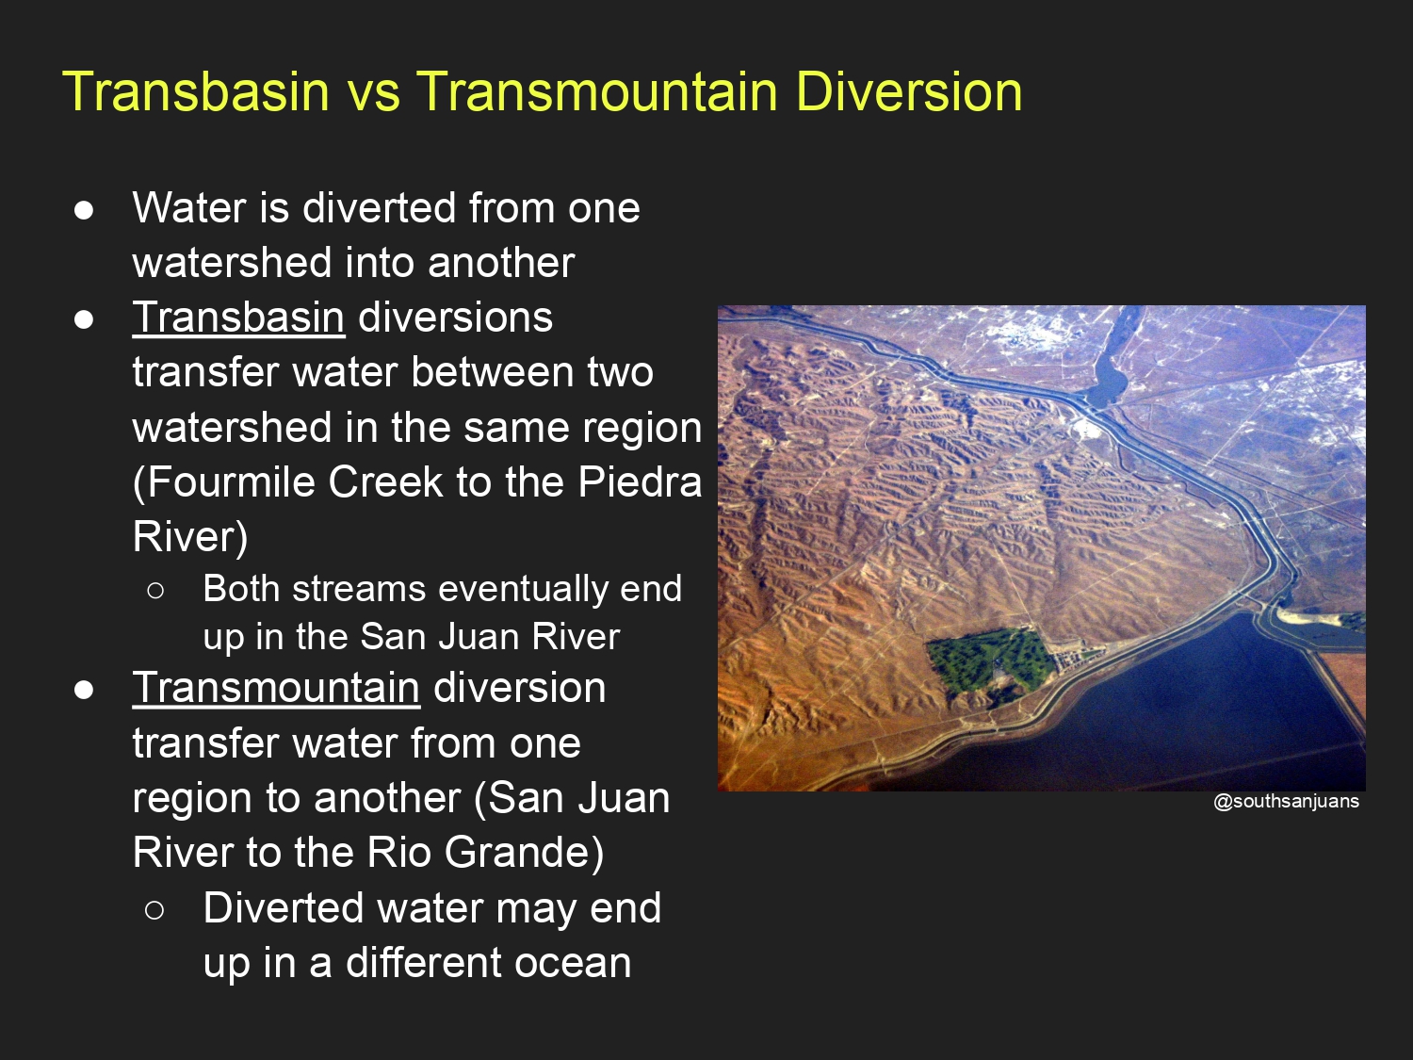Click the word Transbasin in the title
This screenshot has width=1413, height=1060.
pos(196,91)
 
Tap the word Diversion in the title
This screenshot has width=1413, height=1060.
pos(909,91)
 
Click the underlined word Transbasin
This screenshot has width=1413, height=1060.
pos(239,318)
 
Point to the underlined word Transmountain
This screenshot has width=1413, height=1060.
pos(277,688)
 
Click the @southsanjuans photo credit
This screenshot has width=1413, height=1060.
pos(1286,801)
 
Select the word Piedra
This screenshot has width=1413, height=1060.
pos(640,481)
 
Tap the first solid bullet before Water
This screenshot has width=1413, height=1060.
pos(84,210)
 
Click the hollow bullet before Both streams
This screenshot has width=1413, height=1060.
pos(155,590)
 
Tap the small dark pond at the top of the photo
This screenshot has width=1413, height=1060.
pos(1109,372)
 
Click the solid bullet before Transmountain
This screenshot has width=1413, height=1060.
pos(84,690)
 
